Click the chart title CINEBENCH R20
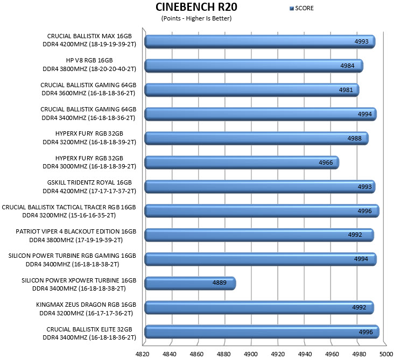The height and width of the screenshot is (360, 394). (196, 7)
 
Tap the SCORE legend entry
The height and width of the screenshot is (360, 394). (301, 8)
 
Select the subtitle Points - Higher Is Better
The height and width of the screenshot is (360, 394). (196, 18)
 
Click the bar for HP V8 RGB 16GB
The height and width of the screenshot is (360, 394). (254, 66)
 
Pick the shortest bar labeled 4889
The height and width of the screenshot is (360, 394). (190, 283)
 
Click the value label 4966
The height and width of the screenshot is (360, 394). (326, 163)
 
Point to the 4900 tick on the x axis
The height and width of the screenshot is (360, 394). (250, 354)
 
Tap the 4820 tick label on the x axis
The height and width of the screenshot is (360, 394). (142, 354)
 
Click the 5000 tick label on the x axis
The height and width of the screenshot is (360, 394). (386, 354)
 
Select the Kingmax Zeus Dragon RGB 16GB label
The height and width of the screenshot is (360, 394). (86, 309)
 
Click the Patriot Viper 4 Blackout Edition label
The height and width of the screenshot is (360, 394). (76, 236)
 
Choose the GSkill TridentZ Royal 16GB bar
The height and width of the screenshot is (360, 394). (260, 187)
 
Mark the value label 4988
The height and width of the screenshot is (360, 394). (354, 138)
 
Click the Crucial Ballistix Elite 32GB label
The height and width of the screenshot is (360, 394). (89, 334)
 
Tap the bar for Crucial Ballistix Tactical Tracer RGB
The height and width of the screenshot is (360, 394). (262, 211)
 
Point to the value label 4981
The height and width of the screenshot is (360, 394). (346, 90)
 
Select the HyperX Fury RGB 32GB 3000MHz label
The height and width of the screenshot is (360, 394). (89, 163)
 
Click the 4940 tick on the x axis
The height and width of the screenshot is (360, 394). (305, 354)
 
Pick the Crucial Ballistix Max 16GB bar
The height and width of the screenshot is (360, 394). (260, 41)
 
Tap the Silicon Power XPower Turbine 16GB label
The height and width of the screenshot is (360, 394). (79, 284)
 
